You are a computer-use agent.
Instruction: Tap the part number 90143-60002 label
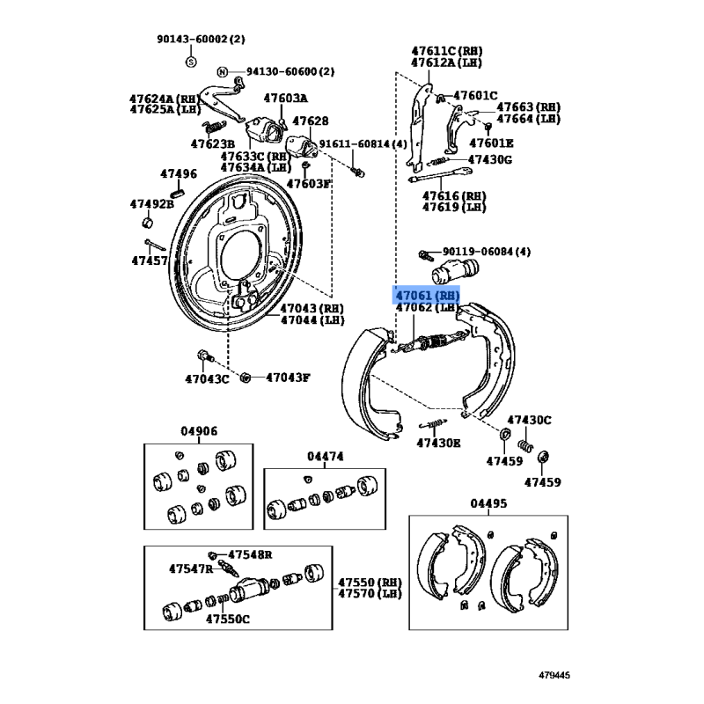point(202,39)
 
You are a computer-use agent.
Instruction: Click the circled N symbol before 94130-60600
point(223,71)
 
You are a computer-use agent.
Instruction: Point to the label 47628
point(310,121)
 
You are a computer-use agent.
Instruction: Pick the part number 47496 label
point(179,173)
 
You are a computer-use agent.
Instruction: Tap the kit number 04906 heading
point(199,431)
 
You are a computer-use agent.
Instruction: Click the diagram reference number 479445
point(554,676)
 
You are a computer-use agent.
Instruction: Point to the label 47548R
point(251,554)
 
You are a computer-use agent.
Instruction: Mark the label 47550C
point(228,619)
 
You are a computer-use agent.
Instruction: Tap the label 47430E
point(438,443)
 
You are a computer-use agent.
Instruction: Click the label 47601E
point(491,143)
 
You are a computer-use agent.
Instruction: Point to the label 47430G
point(489,159)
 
